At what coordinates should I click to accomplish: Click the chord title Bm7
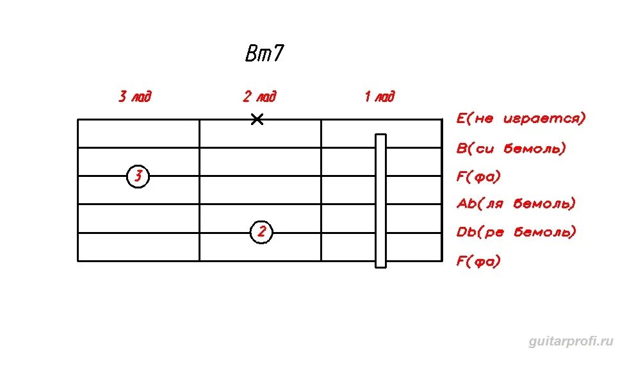click(x=264, y=54)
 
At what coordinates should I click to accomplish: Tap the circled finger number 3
click(x=138, y=176)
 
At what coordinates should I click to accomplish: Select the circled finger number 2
click(x=261, y=232)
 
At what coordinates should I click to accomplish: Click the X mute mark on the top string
click(x=257, y=119)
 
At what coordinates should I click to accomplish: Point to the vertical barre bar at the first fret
click(x=380, y=200)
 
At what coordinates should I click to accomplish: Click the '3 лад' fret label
click(x=135, y=97)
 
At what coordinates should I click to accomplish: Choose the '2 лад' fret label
click(x=259, y=97)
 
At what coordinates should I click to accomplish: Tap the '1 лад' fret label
click(x=380, y=97)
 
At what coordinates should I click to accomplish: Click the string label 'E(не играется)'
click(x=521, y=119)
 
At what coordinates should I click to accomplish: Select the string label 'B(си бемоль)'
click(x=511, y=149)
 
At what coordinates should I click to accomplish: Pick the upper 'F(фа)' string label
click(x=478, y=176)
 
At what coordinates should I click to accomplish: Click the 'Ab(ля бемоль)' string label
click(x=516, y=204)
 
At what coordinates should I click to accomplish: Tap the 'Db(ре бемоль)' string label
click(x=516, y=232)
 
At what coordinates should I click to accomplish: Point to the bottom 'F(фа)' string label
click(x=478, y=261)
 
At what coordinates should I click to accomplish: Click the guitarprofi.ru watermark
click(x=571, y=341)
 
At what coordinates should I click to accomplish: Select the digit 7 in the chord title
click(x=276, y=54)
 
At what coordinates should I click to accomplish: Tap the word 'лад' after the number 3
click(x=142, y=97)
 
